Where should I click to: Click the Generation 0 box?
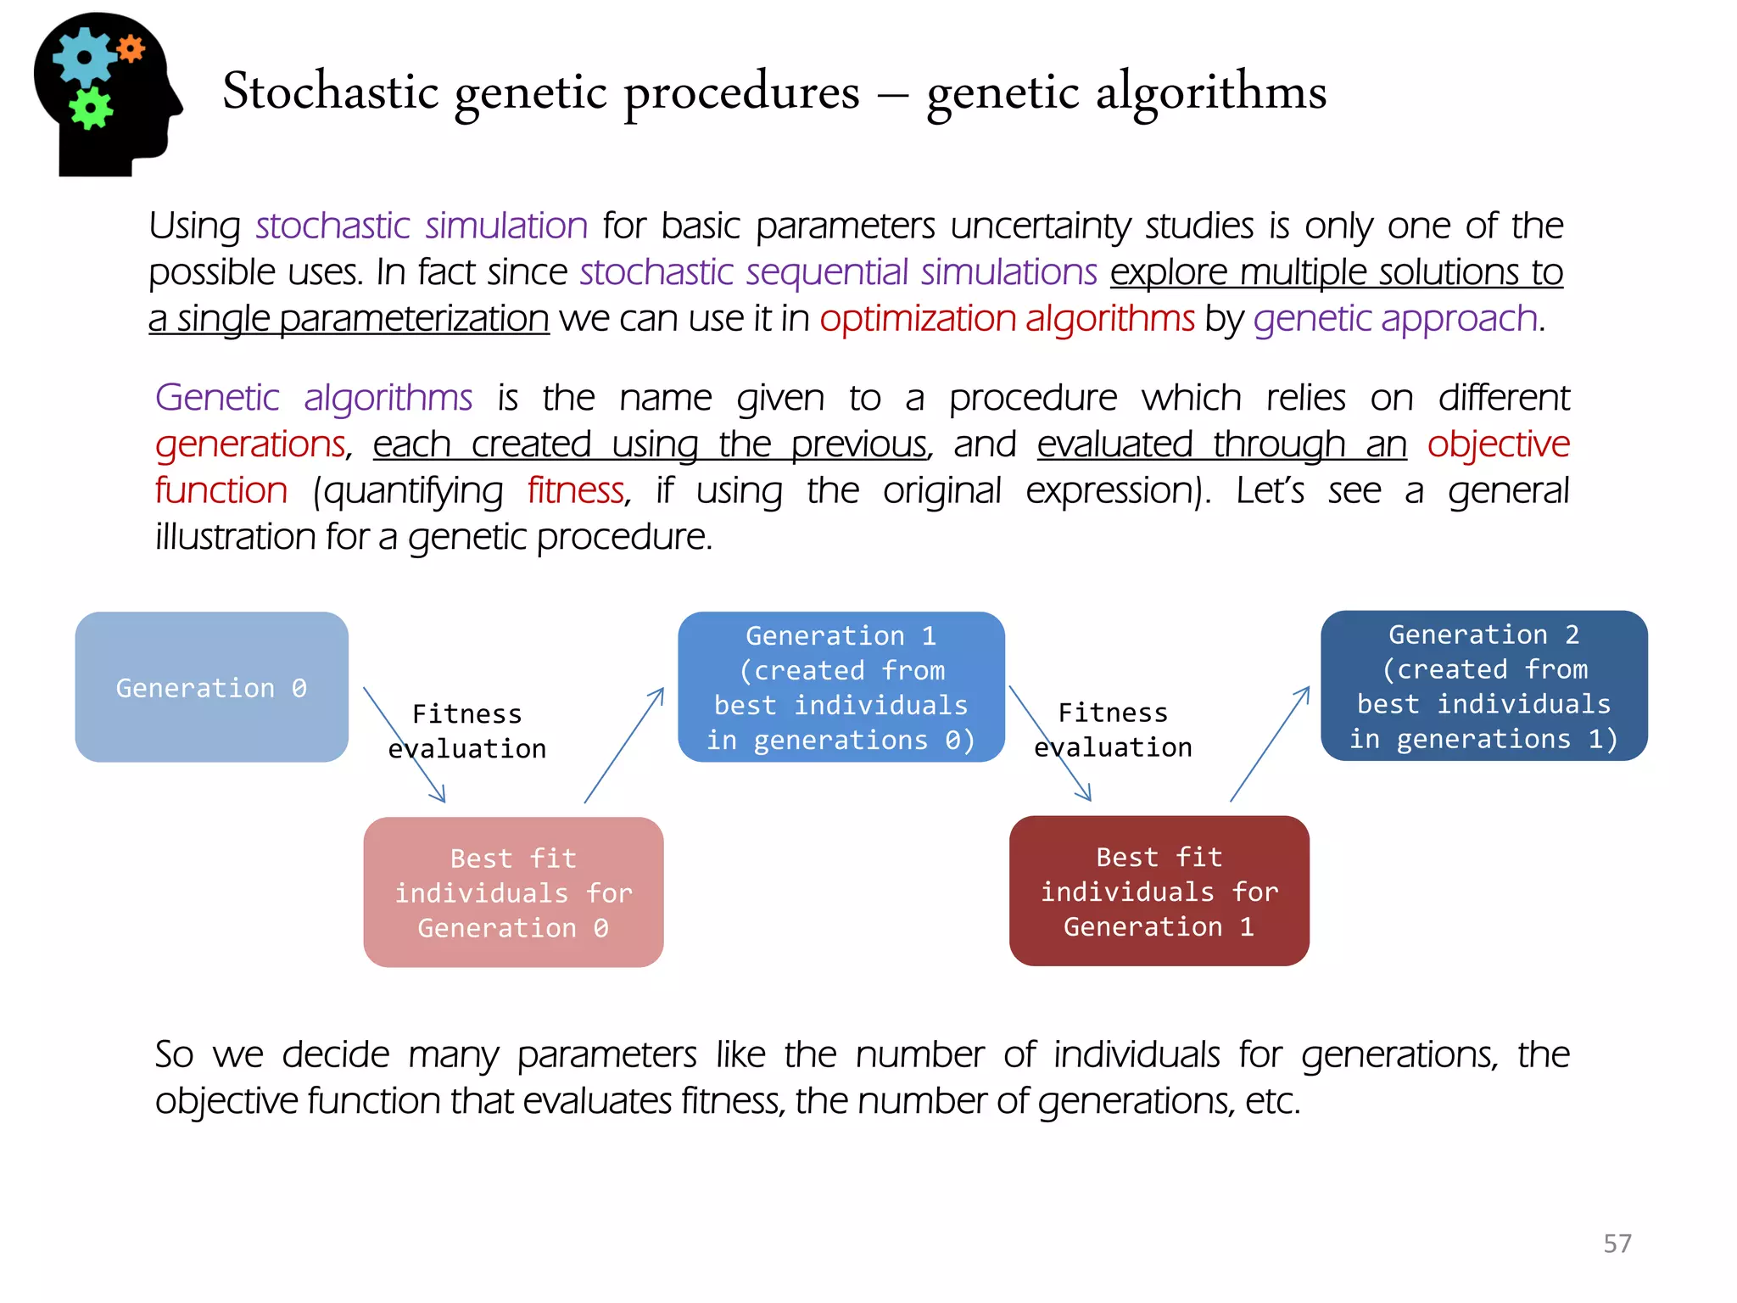pyautogui.click(x=211, y=687)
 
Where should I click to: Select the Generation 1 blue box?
pyautogui.click(x=841, y=687)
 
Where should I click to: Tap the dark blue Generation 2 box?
pyautogui.click(x=1483, y=685)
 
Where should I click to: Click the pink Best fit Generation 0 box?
pyautogui.click(x=513, y=892)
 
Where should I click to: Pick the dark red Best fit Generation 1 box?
pyautogui.click(x=1159, y=891)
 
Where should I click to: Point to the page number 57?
pyautogui.click(x=1617, y=1244)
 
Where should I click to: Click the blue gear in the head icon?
pyautogui.click(x=83, y=57)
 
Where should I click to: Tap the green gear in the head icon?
pyautogui.click(x=90, y=109)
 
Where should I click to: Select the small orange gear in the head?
pyautogui.click(x=131, y=48)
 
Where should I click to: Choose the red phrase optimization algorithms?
pyautogui.click(x=1006, y=319)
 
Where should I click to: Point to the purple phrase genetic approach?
pyautogui.click(x=1395, y=319)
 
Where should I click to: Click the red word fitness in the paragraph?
pyautogui.click(x=576, y=490)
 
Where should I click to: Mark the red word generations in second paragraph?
pyautogui.click(x=250, y=445)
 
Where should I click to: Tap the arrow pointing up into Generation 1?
pyautogui.click(x=624, y=745)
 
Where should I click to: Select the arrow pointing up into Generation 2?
pyautogui.click(x=1270, y=744)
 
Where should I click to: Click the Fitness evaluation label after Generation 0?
pyautogui.click(x=467, y=731)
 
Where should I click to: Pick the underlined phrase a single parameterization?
pyautogui.click(x=349, y=319)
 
